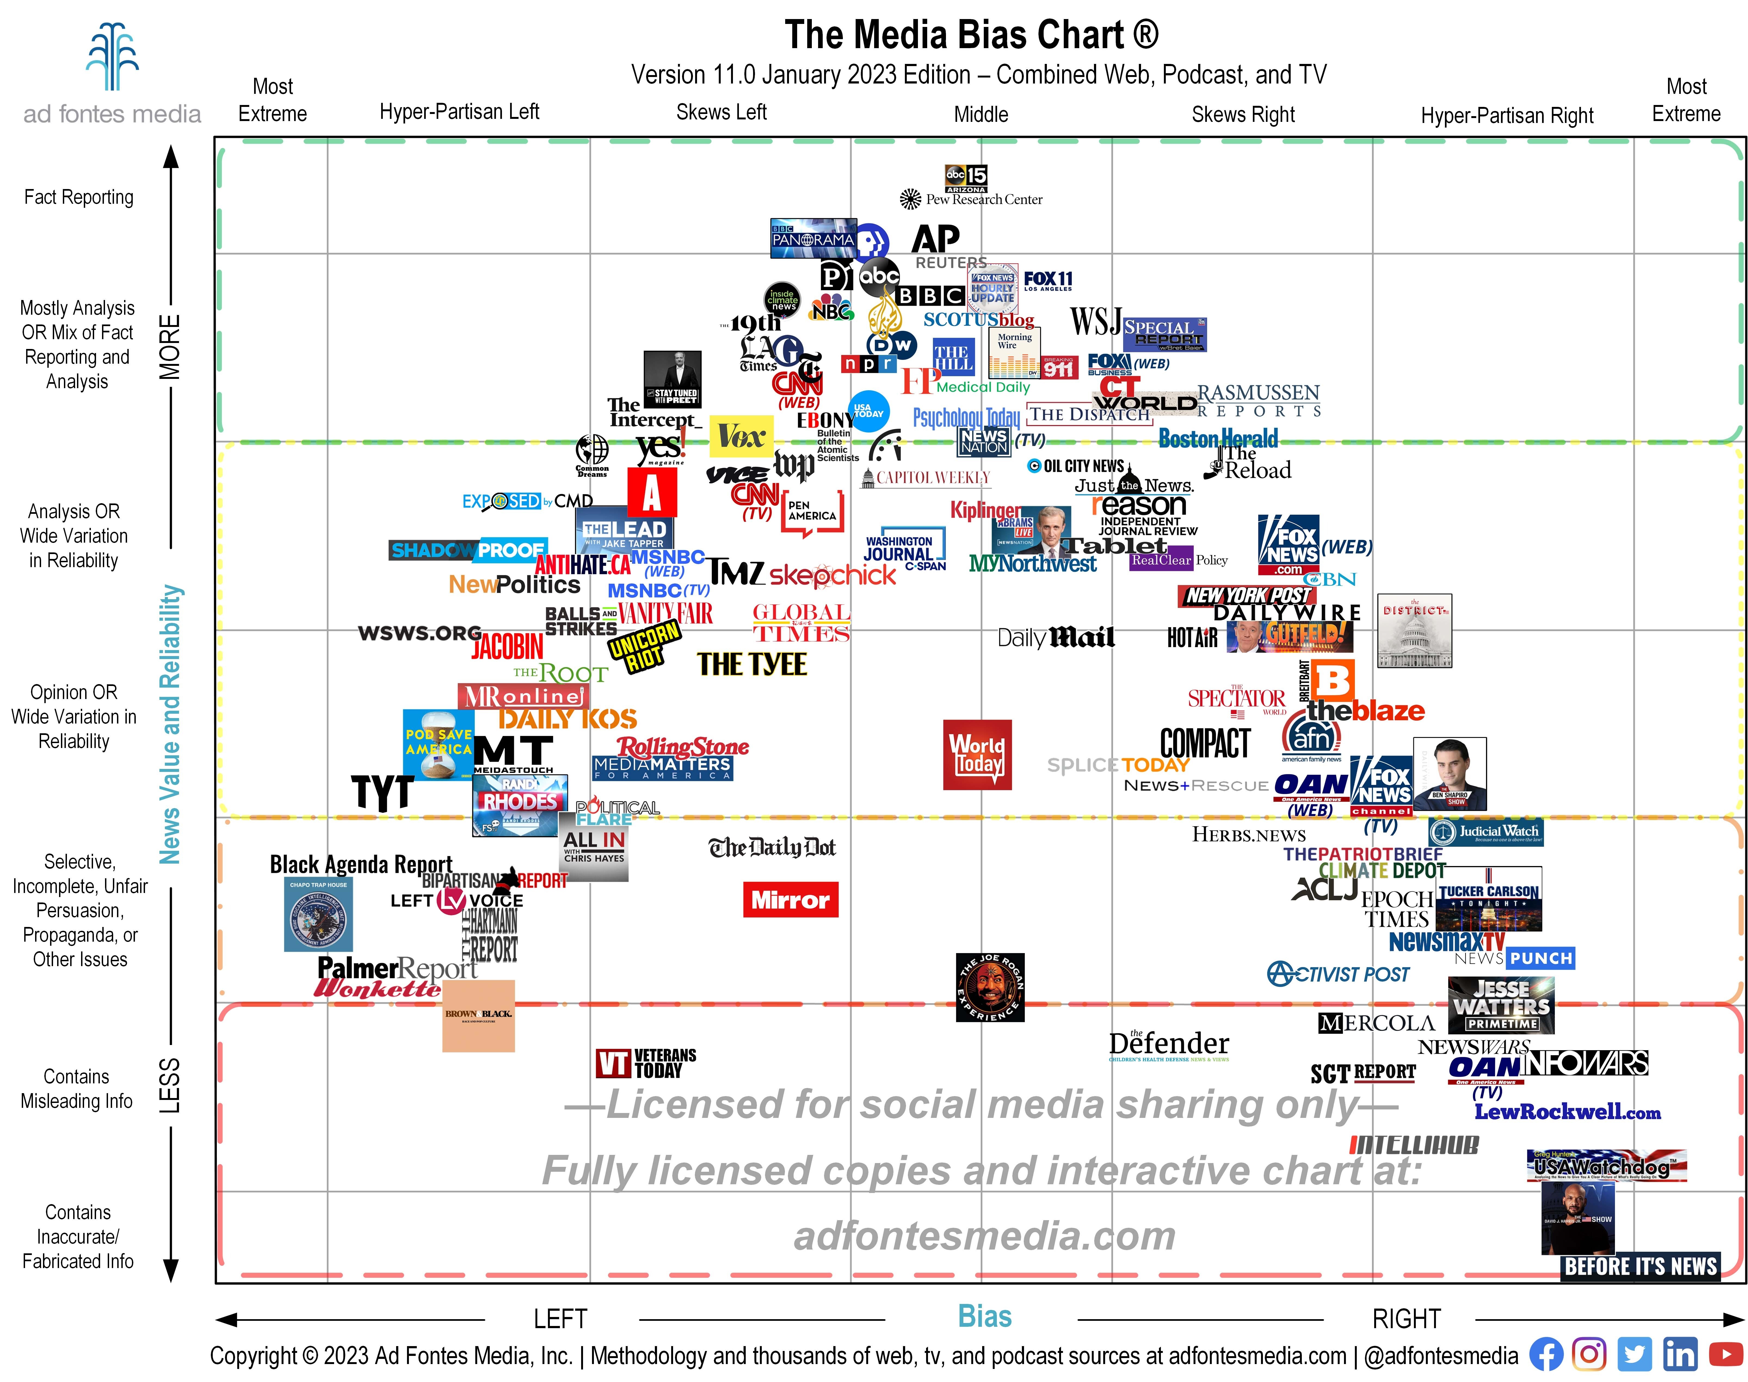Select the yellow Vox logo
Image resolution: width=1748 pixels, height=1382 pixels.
coord(741,437)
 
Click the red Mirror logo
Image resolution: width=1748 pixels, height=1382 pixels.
coord(791,900)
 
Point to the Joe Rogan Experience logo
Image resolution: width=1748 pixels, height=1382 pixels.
coord(990,987)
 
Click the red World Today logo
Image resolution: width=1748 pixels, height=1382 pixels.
coord(978,754)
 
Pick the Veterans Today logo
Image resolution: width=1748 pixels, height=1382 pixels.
coord(646,1063)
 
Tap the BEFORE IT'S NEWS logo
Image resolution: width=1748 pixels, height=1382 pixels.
coord(1640,1266)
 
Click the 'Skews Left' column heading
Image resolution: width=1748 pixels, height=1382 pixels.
coord(721,113)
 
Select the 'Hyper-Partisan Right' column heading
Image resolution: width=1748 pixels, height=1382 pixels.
coord(1507,116)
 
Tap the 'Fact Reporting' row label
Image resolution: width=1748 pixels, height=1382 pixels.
coord(79,197)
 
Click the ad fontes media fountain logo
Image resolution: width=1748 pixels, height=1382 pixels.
coord(112,57)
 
